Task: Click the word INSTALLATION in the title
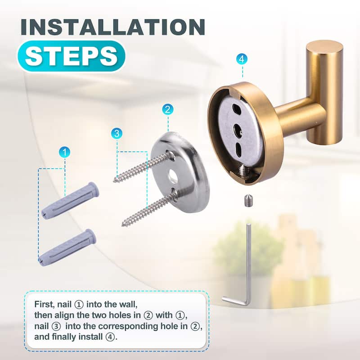[113, 27]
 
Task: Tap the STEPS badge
[72, 56]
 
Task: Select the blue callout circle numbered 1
[64, 152]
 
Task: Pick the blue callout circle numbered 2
[167, 109]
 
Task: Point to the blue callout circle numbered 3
[117, 133]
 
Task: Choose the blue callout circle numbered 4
[242, 59]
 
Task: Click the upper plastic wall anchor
[70, 201]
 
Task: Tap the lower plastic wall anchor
[67, 248]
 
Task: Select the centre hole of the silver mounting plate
[173, 176]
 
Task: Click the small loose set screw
[247, 200]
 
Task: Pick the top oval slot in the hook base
[235, 109]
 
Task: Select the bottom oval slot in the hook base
[238, 149]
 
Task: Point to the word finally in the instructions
[64, 337]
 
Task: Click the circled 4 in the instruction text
[110, 337]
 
